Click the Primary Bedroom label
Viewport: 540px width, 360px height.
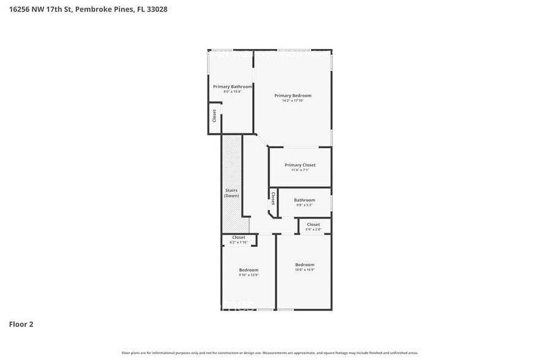[x=293, y=96]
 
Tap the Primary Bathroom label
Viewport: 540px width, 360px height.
[x=232, y=87]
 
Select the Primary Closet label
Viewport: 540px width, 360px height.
[x=300, y=165]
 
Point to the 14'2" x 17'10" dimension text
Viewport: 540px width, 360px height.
[x=293, y=100]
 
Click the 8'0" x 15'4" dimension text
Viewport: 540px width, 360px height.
[x=232, y=92]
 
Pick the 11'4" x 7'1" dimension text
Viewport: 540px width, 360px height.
[x=300, y=170]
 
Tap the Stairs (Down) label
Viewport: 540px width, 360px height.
[x=231, y=193]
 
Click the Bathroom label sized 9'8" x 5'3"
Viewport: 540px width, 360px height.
[x=304, y=200]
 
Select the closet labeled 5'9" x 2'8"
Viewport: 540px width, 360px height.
[x=313, y=225]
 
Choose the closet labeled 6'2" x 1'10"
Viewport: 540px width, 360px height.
[x=239, y=238]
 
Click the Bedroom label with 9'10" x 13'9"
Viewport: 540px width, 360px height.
[x=249, y=270]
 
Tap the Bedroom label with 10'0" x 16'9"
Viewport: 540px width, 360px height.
[x=304, y=264]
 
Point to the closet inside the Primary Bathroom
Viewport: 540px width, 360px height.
[x=214, y=116]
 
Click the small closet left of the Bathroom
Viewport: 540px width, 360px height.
[x=273, y=198]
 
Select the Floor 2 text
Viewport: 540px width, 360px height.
[x=21, y=324]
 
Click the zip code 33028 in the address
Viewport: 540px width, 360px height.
[x=157, y=9]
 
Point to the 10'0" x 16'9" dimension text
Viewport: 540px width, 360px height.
[x=304, y=269]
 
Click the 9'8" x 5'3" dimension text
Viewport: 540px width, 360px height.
[x=304, y=205]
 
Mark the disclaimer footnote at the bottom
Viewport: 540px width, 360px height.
[x=270, y=353]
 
